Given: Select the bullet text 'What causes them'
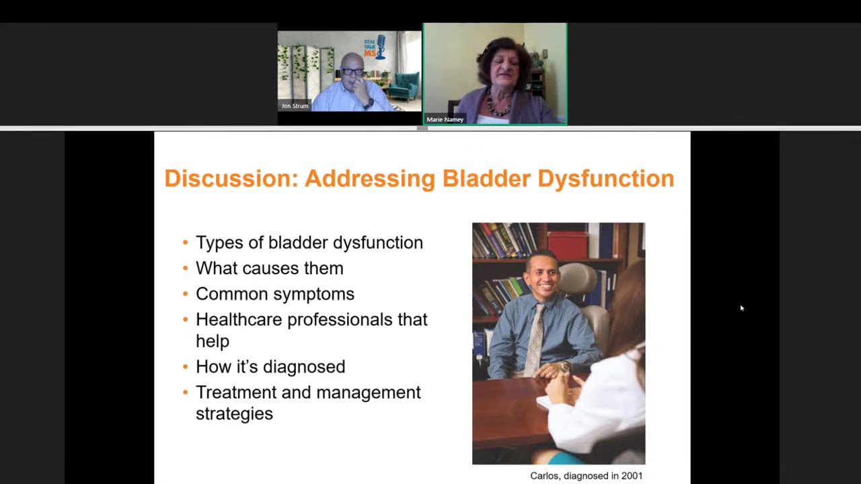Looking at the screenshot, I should click(x=269, y=268).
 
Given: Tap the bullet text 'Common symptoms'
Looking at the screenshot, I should click(x=274, y=294).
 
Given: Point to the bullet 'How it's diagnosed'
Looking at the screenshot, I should click(x=270, y=366).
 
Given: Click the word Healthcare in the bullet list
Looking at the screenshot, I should click(x=239, y=319).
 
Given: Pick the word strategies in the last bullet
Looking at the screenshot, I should click(x=234, y=413).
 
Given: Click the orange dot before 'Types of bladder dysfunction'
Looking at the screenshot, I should click(x=186, y=243).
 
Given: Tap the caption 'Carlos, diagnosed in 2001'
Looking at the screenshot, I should click(x=586, y=475).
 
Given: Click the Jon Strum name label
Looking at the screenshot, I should click(x=295, y=106).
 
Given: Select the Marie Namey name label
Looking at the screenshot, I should click(x=445, y=120).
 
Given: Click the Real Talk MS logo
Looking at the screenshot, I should click(x=374, y=47).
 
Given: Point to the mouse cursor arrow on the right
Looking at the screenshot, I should click(x=741, y=308).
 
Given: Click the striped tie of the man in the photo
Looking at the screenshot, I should click(x=535, y=339).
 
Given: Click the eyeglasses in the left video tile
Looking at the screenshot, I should click(x=352, y=72).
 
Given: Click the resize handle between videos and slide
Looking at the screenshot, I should click(x=422, y=128).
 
